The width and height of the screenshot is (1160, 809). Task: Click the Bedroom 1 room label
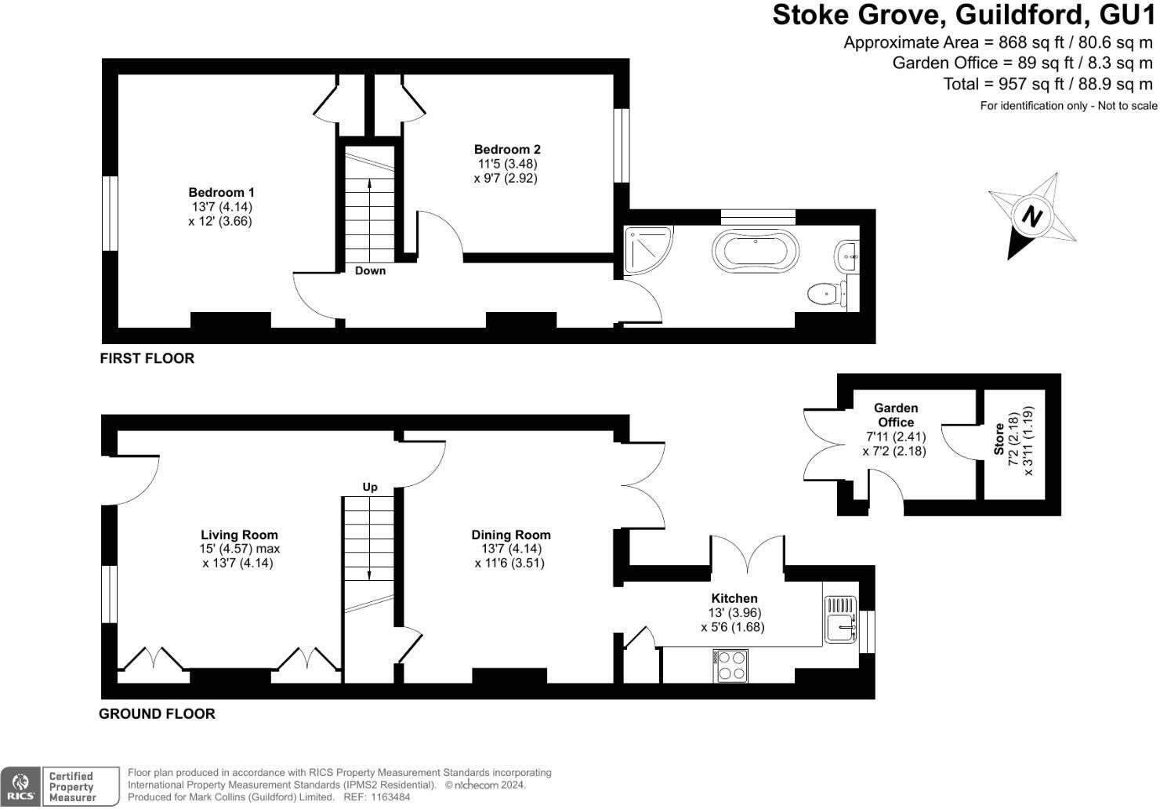(x=221, y=192)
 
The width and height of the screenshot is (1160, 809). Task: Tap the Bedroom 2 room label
(x=507, y=149)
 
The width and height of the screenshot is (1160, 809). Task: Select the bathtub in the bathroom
(x=755, y=251)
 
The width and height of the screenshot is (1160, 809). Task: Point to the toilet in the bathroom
(x=824, y=294)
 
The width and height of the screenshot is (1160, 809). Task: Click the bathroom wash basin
(x=847, y=255)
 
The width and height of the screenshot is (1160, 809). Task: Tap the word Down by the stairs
(x=370, y=270)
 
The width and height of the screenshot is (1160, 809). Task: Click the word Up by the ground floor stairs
(x=370, y=487)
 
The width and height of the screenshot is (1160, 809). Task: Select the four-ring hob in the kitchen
(x=730, y=666)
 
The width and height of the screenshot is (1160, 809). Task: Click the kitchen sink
(x=841, y=627)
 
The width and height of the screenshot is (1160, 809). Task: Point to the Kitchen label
(x=734, y=598)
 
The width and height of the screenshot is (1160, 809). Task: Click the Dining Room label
(x=510, y=535)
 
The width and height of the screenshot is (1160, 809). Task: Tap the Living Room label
(x=239, y=535)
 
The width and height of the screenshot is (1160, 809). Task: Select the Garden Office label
(x=895, y=415)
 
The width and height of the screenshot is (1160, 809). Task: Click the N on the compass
(x=1032, y=216)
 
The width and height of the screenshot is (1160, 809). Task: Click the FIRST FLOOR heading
(x=147, y=358)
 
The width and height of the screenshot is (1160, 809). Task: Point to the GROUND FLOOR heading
(x=157, y=713)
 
